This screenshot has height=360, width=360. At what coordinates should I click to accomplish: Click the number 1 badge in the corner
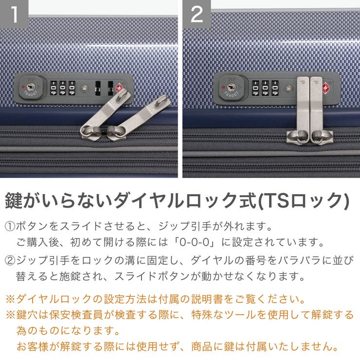click(x=15, y=15)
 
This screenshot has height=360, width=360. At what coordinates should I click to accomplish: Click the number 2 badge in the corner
click(x=197, y=15)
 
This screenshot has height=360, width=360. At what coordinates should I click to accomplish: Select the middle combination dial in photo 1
click(x=62, y=88)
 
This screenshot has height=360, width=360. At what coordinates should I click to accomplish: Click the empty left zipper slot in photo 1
click(x=97, y=89)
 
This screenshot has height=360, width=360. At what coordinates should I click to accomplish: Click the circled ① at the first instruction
click(x=10, y=227)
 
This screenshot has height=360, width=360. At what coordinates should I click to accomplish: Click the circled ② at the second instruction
click(x=10, y=260)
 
